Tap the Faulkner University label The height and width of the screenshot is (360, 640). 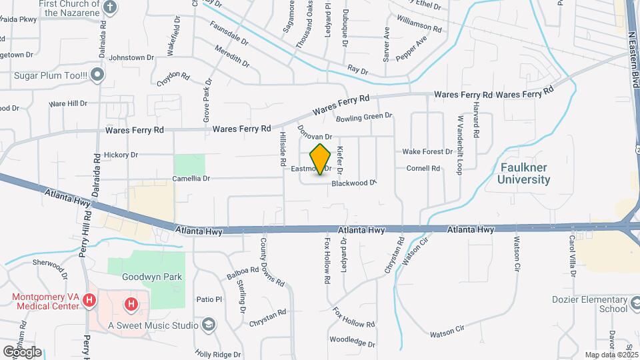click(x=523, y=173)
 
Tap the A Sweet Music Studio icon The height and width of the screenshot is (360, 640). click(x=209, y=325)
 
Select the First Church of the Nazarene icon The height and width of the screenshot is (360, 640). click(x=111, y=7)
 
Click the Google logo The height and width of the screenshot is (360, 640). click(x=22, y=351)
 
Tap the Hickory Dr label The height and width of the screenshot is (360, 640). click(x=121, y=155)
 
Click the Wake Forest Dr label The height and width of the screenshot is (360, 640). click(x=427, y=151)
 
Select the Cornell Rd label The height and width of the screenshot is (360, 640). click(x=423, y=169)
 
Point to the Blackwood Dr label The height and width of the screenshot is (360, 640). click(x=354, y=182)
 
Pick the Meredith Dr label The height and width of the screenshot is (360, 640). click(x=232, y=55)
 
